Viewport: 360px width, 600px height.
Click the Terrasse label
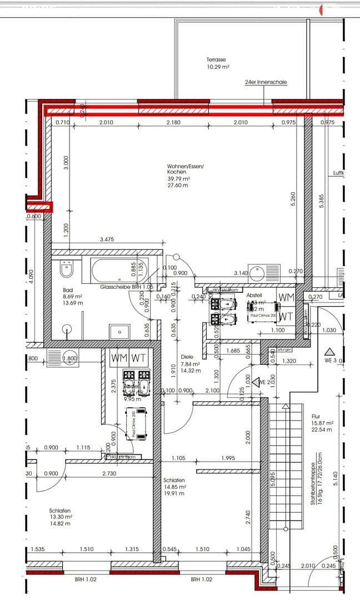coord(216,59)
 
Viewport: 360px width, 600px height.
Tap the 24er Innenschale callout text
coord(266,82)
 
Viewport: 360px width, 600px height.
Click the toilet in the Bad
coord(66,269)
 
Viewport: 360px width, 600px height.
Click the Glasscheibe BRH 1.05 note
coord(126,287)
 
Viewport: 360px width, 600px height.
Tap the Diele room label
coord(186,357)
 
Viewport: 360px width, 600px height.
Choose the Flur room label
coord(316,416)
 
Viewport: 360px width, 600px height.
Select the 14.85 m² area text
coord(174,486)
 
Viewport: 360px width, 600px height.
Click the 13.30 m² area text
coord(61,516)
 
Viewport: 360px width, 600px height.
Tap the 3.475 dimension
coord(107,240)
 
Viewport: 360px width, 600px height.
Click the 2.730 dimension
coord(109,473)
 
